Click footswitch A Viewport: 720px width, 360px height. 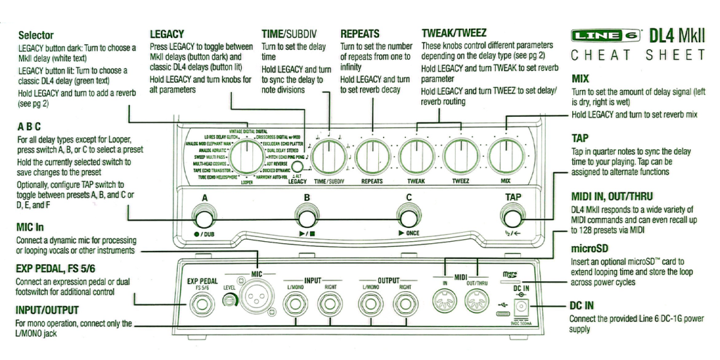(205, 214)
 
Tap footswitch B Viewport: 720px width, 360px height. (306, 214)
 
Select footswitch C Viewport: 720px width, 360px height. (406, 214)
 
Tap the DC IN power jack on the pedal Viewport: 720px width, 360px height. (521, 307)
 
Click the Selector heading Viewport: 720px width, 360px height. (35, 34)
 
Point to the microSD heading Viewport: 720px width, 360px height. (589, 250)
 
